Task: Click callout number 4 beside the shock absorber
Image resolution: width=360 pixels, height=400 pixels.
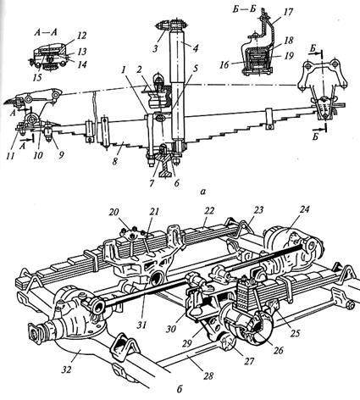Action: click(x=195, y=47)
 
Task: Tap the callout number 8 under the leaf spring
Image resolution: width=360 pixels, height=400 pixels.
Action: click(x=115, y=162)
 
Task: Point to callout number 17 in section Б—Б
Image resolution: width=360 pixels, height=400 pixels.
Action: click(x=289, y=12)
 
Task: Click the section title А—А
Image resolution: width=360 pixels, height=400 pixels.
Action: click(x=46, y=32)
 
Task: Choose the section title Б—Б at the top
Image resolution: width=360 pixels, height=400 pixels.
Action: click(x=244, y=9)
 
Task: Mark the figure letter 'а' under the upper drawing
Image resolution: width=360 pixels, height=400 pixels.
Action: click(x=202, y=192)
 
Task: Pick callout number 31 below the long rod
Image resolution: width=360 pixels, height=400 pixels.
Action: click(x=142, y=325)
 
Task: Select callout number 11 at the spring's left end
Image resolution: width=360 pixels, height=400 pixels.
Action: click(x=11, y=156)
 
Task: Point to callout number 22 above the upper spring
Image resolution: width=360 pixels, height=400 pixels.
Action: click(x=210, y=210)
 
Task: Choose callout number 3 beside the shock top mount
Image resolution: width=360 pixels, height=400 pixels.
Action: click(x=156, y=47)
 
